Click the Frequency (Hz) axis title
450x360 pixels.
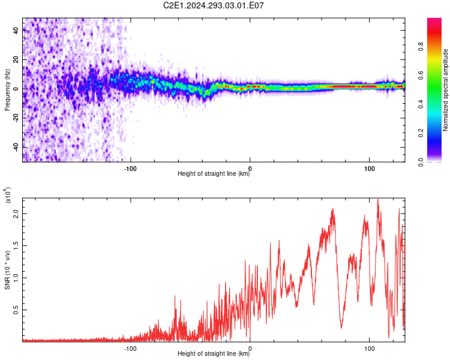[x=8, y=90]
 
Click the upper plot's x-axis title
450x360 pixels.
[x=214, y=174]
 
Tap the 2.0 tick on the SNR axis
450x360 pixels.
[x=17, y=213]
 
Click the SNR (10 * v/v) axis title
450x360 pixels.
[x=8, y=268]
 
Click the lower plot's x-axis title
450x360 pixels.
[x=214, y=353]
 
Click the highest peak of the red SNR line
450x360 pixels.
[x=377, y=200]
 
